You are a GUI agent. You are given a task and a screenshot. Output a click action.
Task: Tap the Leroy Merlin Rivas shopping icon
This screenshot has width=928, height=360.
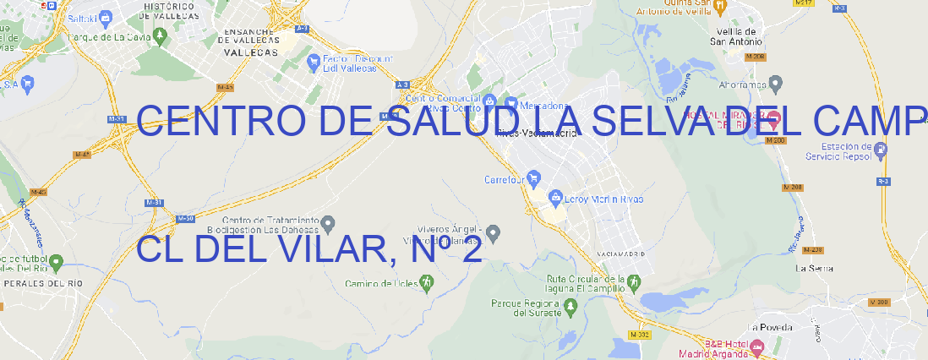click(x=555, y=199)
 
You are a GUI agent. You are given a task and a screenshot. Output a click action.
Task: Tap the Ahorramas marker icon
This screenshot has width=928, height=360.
click(x=777, y=83)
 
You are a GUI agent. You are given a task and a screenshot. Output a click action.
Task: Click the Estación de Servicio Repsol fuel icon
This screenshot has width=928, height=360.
click(x=881, y=151)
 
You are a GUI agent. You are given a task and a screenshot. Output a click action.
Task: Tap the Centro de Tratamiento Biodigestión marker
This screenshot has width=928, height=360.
click(x=329, y=223)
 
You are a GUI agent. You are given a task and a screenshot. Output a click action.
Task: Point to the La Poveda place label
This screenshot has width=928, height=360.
click(x=769, y=327)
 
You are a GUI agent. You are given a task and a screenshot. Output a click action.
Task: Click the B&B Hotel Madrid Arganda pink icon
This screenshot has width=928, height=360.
click(x=757, y=347)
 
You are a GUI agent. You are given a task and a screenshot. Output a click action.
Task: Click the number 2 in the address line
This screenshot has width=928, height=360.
click(x=470, y=250)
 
